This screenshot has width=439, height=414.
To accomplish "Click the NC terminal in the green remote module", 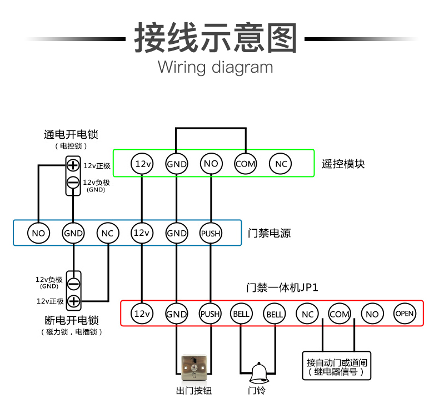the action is (280, 164).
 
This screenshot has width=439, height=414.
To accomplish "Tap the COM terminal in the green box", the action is (246, 164).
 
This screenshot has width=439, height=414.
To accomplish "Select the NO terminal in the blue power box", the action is (39, 233).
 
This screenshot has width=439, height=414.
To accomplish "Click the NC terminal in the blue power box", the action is (108, 233).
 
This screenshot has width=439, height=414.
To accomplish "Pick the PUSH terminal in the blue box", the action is (211, 233).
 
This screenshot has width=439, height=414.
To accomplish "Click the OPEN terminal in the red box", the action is (405, 314).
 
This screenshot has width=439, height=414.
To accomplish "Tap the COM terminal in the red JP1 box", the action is (340, 314).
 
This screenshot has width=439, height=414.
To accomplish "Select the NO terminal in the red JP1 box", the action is (372, 314).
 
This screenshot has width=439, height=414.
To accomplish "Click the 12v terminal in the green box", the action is (142, 164).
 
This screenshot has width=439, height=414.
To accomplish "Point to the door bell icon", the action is (259, 373).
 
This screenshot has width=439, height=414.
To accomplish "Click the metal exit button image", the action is (194, 367).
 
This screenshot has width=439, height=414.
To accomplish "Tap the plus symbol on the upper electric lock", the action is (73, 165).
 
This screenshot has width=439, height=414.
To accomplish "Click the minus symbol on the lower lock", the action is (74, 284).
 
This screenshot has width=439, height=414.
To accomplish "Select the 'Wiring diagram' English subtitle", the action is (215, 68).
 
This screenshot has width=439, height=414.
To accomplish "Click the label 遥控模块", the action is (343, 164).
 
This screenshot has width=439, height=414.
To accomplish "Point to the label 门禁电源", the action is (270, 233).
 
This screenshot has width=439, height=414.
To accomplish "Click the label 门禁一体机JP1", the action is (282, 287).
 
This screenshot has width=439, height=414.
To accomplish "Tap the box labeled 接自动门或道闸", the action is (337, 366).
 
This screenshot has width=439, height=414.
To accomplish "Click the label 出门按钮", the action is (194, 391).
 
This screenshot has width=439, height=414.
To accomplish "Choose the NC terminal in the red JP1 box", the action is (307, 314).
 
